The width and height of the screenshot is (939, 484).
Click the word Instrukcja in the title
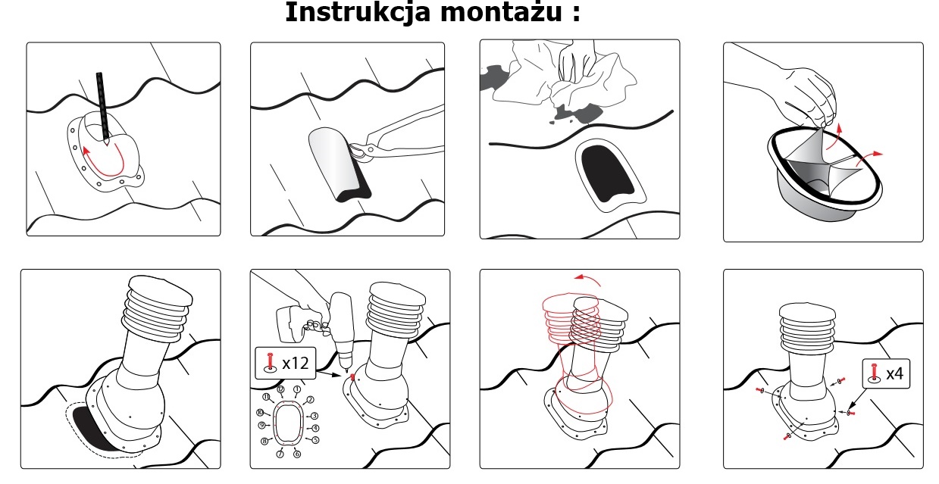click(x=358, y=11)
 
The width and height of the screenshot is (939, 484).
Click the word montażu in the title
click(x=500, y=13)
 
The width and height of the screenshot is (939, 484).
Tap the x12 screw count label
click(x=296, y=363)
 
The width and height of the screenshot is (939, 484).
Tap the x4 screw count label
click(x=894, y=373)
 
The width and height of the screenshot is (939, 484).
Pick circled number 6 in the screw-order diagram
click(x=297, y=454)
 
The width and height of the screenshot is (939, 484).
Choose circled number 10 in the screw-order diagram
click(x=260, y=413)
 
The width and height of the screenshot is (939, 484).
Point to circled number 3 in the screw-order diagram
click(x=315, y=416)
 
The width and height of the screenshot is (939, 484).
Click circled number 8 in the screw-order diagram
click(x=264, y=441)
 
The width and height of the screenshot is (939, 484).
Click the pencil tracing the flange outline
click(x=103, y=108)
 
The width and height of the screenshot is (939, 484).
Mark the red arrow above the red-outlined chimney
click(x=587, y=279)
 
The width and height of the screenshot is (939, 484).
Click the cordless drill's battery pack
click(x=290, y=323)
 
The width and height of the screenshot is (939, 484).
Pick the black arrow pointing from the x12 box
click(x=330, y=373)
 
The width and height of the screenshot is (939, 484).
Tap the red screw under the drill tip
click(x=352, y=377)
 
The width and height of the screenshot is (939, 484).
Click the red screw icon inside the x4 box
click(x=874, y=373)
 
